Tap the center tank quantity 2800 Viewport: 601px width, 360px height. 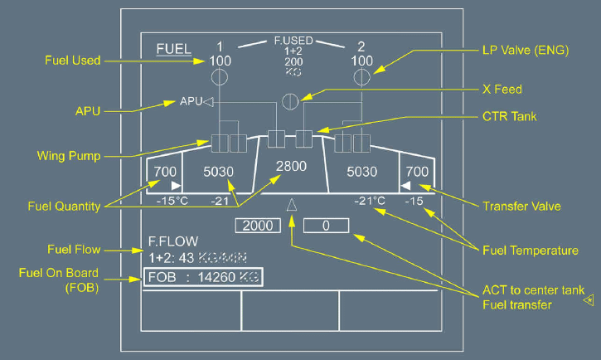point(292,166)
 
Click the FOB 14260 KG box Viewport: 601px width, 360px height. point(203,278)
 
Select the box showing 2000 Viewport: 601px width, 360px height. point(259,226)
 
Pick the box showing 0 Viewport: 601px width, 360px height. point(326,226)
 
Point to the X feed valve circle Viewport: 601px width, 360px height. point(290,102)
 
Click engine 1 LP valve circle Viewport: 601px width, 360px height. point(221,78)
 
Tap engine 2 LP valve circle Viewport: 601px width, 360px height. point(361,78)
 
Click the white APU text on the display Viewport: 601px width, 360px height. point(191,102)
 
